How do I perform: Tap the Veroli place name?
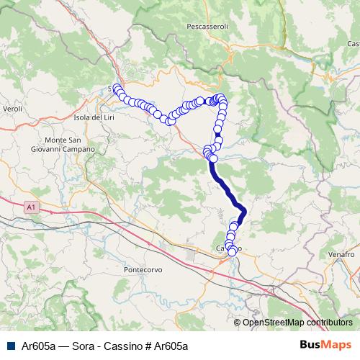coord(14,108)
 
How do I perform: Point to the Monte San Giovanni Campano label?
coord(69,144)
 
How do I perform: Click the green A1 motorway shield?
coord(30,207)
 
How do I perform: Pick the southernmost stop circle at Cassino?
coord(232,252)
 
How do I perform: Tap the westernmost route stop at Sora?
coord(116,89)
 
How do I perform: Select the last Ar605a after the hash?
coord(169,346)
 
